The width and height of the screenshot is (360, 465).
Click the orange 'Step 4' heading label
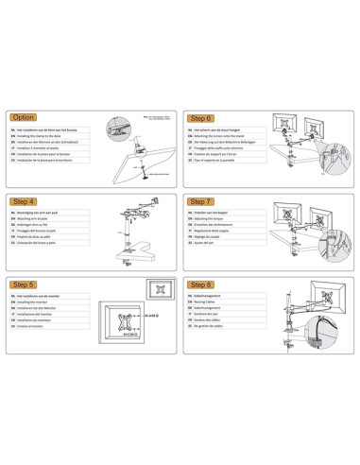click(x=25, y=201)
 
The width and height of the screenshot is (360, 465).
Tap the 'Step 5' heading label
click(x=25, y=284)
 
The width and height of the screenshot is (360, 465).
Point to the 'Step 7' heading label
click(x=201, y=201)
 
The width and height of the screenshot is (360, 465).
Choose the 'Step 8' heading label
click(x=201, y=284)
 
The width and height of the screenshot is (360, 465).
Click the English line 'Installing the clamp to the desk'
click(x=47, y=136)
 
